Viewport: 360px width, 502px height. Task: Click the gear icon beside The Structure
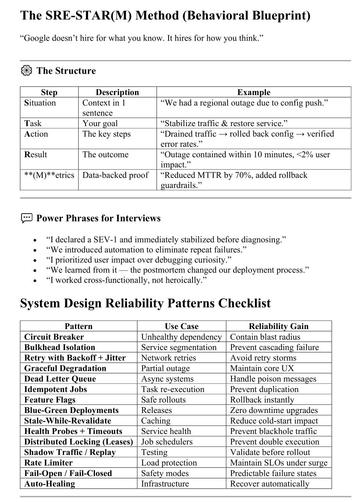point(26,71)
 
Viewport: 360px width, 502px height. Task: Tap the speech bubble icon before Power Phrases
point(26,218)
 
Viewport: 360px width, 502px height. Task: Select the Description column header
point(117,92)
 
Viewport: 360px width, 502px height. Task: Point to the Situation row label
point(40,103)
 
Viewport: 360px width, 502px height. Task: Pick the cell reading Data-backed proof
point(115,175)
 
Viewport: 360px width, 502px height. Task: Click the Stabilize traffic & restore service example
point(224,123)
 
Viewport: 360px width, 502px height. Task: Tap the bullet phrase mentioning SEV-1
point(166,240)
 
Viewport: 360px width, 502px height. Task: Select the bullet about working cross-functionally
point(126,280)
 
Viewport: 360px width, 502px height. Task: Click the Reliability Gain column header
point(278,326)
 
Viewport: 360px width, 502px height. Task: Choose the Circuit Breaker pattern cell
point(54,337)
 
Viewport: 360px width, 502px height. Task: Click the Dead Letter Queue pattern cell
point(60,379)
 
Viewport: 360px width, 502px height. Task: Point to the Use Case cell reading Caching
point(156,421)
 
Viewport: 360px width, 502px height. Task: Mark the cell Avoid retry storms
point(263,358)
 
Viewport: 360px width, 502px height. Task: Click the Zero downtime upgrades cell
point(274,410)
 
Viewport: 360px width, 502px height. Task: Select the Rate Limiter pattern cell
point(48,463)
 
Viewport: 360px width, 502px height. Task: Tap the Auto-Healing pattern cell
point(50,484)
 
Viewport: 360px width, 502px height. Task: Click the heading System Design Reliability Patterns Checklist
point(145,303)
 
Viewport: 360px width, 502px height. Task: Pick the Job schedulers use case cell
point(167,442)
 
